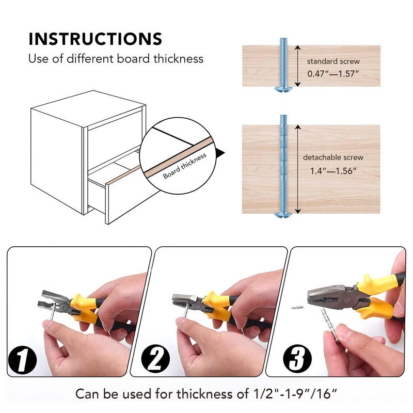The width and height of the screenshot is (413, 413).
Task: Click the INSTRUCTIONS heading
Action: point(95,39)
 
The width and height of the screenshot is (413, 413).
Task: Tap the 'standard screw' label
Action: point(333,61)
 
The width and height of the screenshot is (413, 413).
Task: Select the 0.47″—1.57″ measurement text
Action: point(333,73)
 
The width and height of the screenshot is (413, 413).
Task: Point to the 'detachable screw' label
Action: point(333,157)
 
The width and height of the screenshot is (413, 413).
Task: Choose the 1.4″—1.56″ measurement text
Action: point(333,171)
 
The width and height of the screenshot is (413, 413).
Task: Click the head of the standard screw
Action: point(283,89)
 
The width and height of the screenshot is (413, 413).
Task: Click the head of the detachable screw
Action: point(283,215)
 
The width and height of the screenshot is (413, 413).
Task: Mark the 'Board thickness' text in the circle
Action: point(184,166)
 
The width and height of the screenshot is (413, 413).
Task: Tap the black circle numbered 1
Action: point(22,359)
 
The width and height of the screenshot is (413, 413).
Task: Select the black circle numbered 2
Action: point(156,358)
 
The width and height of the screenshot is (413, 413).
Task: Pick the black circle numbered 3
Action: point(297,358)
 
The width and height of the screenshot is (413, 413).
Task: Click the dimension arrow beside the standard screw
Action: point(297,66)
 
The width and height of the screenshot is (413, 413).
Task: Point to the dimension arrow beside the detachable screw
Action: point(298,169)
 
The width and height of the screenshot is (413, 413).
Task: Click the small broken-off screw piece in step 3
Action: point(297,307)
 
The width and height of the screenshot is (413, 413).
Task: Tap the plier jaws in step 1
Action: point(52,301)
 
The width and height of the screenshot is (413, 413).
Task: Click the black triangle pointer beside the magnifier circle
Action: point(220,153)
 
